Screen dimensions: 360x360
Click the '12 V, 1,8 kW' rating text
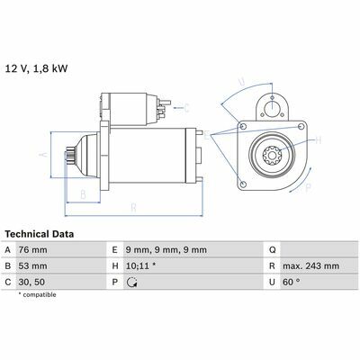pyautogui.click(x=37, y=68)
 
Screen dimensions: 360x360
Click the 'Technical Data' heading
pyautogui.click(x=40, y=234)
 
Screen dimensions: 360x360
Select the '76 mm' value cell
pyautogui.click(x=33, y=249)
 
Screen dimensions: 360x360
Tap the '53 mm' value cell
pyautogui.click(x=33, y=265)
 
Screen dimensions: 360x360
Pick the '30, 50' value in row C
pyautogui.click(x=31, y=282)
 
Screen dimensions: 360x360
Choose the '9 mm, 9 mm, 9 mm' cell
pyautogui.click(x=166, y=249)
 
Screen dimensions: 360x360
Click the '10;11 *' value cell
pyautogui.click(x=140, y=265)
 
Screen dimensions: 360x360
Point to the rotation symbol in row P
pyautogui.click(x=132, y=283)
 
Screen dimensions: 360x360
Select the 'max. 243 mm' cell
pyautogui.click(x=310, y=265)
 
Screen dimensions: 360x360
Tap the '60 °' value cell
pyautogui.click(x=292, y=282)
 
